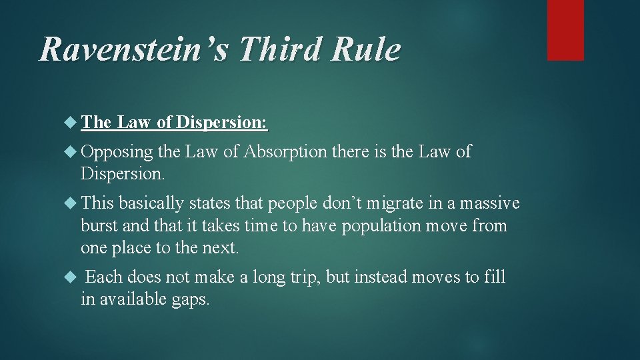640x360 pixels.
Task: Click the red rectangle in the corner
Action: click(x=565, y=30)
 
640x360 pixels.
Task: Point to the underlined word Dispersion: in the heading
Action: click(x=222, y=122)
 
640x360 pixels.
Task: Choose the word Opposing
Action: click(x=117, y=152)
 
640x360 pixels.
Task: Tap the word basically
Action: click(x=152, y=203)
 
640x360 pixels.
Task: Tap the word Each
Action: click(x=104, y=276)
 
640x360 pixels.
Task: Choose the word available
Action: click(x=132, y=299)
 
